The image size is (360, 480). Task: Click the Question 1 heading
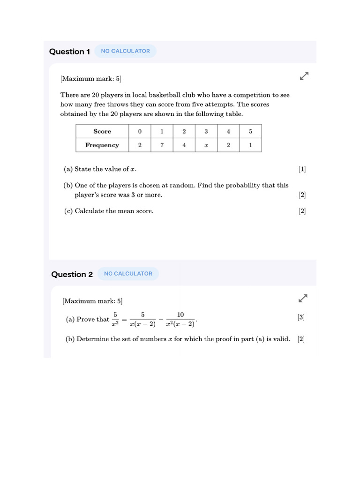tap(69, 52)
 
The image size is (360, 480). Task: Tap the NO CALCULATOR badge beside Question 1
tap(125, 51)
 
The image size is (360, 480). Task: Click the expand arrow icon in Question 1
tap(304, 75)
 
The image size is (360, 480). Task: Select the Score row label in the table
tap(102, 131)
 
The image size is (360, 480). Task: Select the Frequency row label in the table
tap(102, 145)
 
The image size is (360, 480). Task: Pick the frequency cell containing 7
tap(162, 145)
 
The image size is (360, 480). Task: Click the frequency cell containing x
tap(206, 145)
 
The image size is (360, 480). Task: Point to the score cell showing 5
tap(250, 131)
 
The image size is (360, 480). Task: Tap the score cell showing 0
tap(140, 131)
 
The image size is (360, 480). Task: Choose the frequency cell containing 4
tap(184, 145)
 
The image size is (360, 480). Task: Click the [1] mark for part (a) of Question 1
tap(302, 169)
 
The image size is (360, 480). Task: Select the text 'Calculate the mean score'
tap(114, 211)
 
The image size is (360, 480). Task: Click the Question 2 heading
tap(72, 274)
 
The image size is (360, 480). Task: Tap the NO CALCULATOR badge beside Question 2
tap(128, 274)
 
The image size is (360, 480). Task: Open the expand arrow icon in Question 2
tap(303, 298)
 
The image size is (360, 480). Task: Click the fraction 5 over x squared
tap(115, 319)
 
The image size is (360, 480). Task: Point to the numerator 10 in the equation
tap(180, 315)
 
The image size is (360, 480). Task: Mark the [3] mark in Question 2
tap(301, 317)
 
